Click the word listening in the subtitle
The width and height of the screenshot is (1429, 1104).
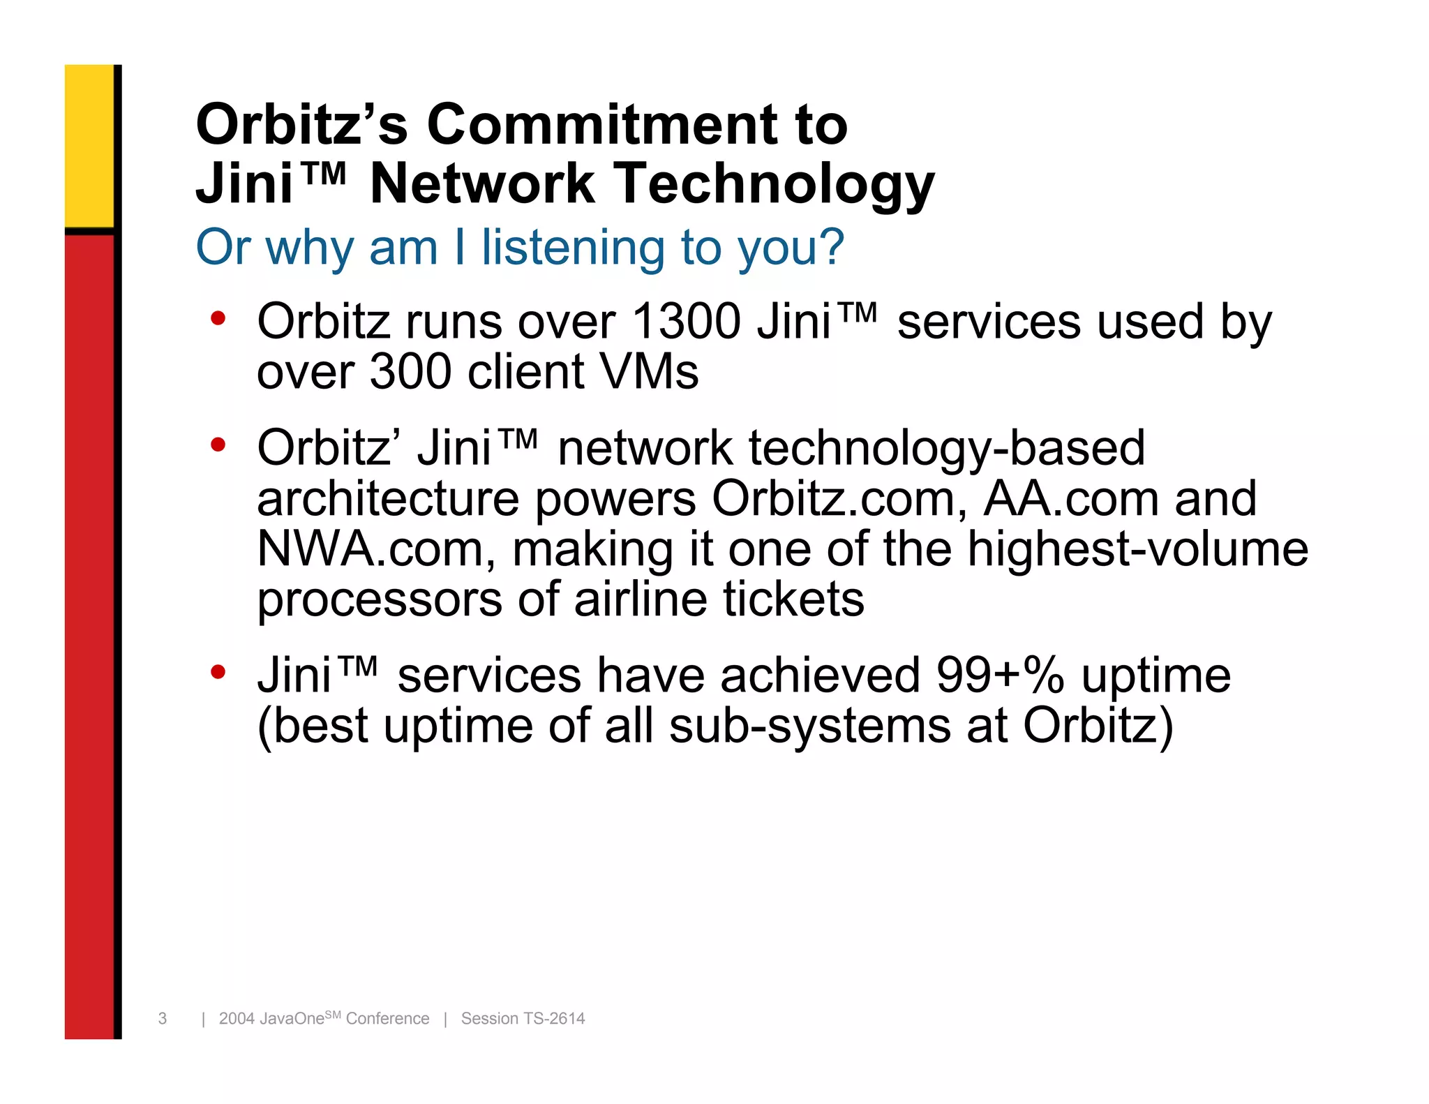pos(572,248)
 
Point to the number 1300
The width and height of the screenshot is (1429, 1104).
pos(686,322)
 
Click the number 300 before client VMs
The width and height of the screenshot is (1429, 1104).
pos(410,371)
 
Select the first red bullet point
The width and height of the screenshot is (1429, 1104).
pos(218,319)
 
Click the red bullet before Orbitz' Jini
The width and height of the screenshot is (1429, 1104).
pos(218,445)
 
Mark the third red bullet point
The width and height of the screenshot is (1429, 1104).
pos(218,672)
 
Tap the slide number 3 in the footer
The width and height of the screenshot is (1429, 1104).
pos(163,1018)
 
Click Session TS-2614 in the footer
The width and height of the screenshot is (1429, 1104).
pos(523,1018)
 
